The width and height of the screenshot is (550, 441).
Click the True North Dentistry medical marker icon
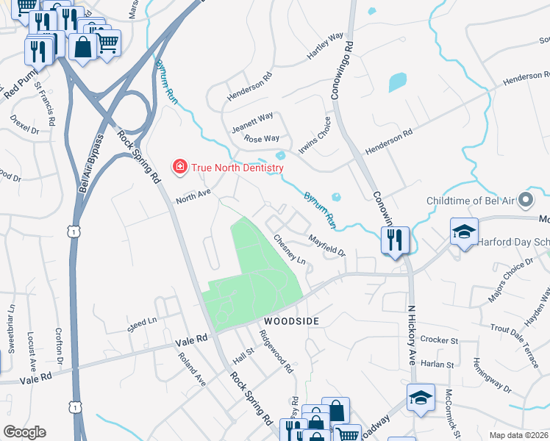179,168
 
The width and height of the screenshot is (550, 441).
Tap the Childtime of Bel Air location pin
525,200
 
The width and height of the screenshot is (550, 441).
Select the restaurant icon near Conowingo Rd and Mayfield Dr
395,239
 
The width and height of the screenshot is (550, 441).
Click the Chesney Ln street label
289,248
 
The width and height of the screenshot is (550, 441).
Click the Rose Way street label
262,138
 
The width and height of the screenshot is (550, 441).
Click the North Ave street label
193,196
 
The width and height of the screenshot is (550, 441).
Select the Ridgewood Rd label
276,350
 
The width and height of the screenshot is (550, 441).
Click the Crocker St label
439,340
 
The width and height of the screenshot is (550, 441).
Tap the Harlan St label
439,364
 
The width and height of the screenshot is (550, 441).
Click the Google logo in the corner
24,432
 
